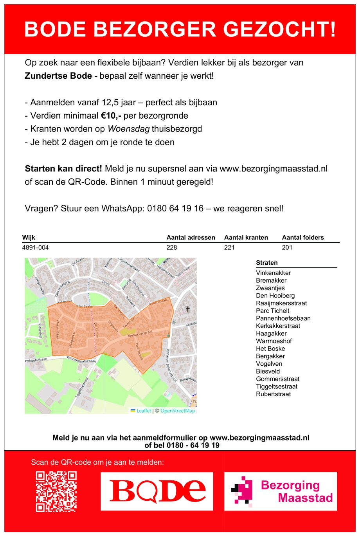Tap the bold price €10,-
coord(111,116)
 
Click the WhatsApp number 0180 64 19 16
coord(175,208)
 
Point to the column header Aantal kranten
coord(246,237)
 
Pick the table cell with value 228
coord(172,247)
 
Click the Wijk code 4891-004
coord(36,247)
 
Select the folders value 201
coord(287,247)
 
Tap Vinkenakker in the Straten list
coord(273,273)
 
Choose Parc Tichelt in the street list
coord(272,311)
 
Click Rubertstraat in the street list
coord(273,394)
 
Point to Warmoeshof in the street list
coord(274,341)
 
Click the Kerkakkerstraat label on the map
coord(140,334)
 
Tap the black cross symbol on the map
coord(187,309)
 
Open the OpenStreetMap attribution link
coord(178,411)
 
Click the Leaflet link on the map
coord(144,411)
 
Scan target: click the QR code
coord(56,491)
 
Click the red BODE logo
coord(157,491)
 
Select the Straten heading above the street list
coord(266,263)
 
